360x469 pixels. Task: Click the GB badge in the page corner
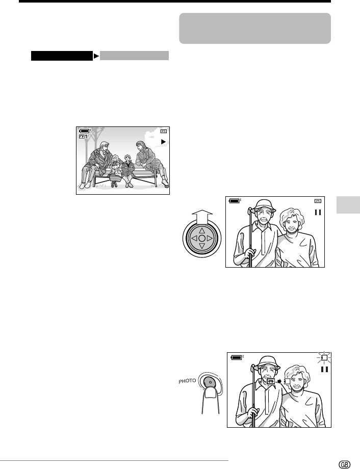pyautogui.click(x=344, y=464)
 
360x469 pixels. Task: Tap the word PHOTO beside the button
pyautogui.click(x=187, y=381)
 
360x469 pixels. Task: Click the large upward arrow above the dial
pyautogui.click(x=202, y=217)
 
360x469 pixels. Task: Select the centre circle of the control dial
pyautogui.click(x=202, y=239)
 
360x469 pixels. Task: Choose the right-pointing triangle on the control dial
pyautogui.click(x=210, y=239)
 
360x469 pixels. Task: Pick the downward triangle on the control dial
pyautogui.click(x=202, y=246)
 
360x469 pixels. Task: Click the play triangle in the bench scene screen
pyautogui.click(x=163, y=142)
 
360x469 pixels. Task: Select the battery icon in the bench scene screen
pyautogui.click(x=85, y=131)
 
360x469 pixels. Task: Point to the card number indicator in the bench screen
pyautogui.click(x=83, y=137)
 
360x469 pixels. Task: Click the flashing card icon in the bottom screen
pyautogui.click(x=323, y=357)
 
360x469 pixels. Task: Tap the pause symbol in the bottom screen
pyautogui.click(x=325, y=370)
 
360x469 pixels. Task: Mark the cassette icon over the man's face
pyautogui.click(x=271, y=381)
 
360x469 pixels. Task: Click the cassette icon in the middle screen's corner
pyautogui.click(x=318, y=201)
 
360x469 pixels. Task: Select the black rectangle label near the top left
pyautogui.click(x=62, y=56)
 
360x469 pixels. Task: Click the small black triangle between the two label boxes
pyautogui.click(x=96, y=56)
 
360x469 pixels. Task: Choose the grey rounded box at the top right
pyautogui.click(x=255, y=29)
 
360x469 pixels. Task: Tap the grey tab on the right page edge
pyautogui.click(x=348, y=205)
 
